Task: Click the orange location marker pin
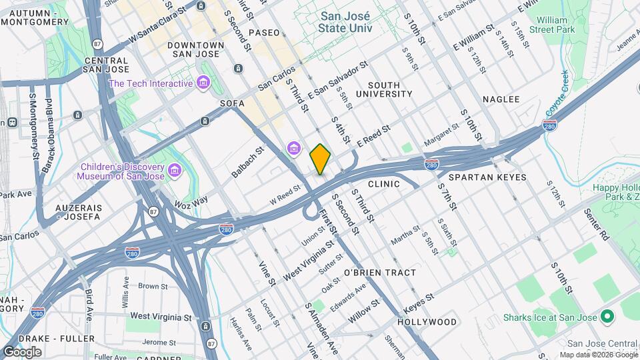click(x=320, y=159)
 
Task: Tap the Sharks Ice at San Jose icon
click(x=607, y=316)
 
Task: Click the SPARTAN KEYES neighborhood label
click(x=487, y=178)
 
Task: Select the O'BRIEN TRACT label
click(x=380, y=273)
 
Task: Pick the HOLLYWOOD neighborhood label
click(x=427, y=322)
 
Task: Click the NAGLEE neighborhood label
click(x=501, y=99)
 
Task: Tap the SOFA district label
click(x=232, y=104)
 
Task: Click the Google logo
click(x=22, y=352)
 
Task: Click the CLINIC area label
click(x=383, y=184)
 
